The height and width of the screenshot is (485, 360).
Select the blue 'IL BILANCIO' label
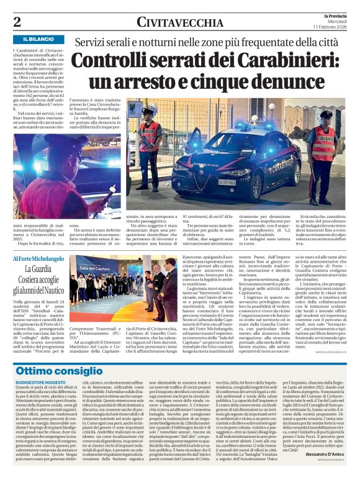[40, 39]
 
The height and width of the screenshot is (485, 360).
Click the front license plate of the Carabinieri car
[226, 182]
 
